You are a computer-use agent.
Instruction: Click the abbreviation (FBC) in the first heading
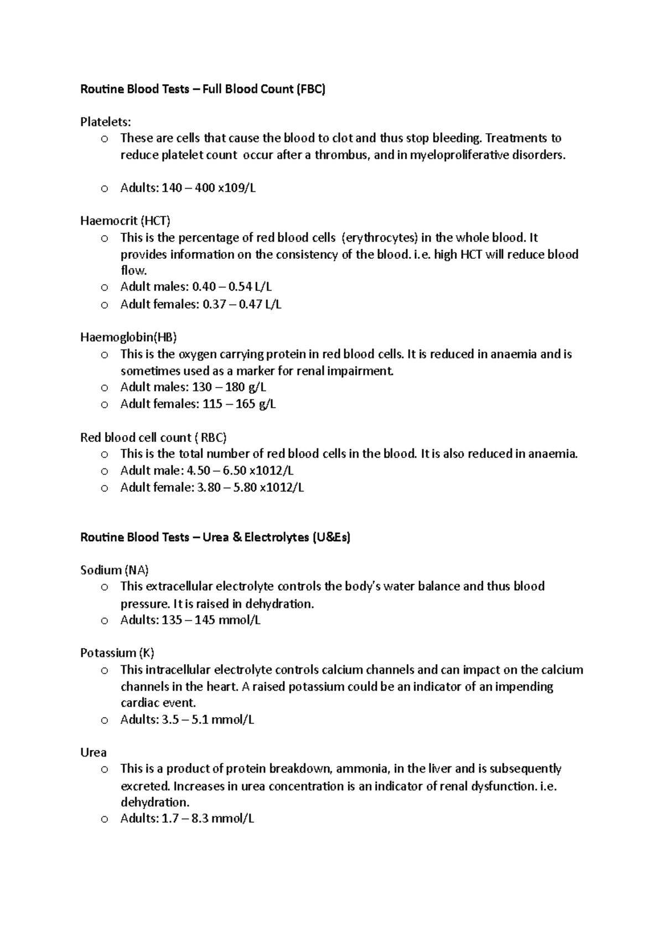point(310,89)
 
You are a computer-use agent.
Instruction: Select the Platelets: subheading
point(106,122)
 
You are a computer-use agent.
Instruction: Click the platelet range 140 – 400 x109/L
point(209,188)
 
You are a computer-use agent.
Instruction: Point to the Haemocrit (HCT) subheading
point(125,221)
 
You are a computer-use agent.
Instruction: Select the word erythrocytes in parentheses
point(380,238)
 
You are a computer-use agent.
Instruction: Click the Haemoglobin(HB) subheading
point(128,337)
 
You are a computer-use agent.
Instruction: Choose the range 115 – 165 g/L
point(239,404)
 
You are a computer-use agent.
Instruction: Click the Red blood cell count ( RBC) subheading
point(153,437)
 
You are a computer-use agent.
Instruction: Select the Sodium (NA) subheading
point(115,570)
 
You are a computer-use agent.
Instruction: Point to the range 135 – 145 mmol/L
point(211,620)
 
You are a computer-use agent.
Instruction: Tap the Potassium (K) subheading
point(117,653)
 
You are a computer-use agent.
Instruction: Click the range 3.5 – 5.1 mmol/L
point(207,719)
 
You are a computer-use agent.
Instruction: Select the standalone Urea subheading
point(94,753)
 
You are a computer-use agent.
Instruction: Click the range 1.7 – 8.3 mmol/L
point(207,818)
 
